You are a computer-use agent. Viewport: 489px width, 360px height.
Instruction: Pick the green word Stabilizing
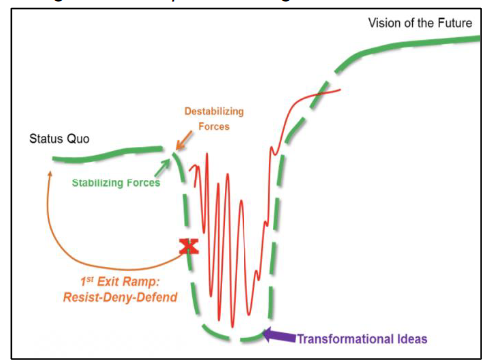coord(103,182)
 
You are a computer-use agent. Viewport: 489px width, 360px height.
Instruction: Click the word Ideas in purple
coord(411,339)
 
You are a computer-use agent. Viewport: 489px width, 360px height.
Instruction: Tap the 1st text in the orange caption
coord(89,279)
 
